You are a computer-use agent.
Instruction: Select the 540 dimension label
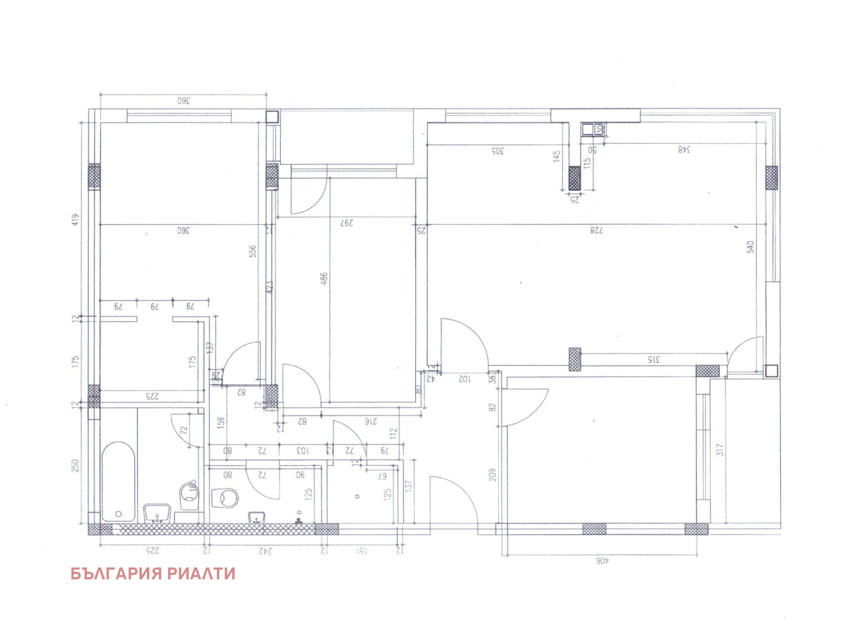click(x=750, y=247)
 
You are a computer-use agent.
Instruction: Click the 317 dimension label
click(x=719, y=450)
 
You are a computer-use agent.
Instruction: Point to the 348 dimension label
click(x=685, y=150)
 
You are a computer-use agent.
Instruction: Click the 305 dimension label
click(x=496, y=151)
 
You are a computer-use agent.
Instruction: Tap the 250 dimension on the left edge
click(x=76, y=465)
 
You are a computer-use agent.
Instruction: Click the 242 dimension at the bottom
click(x=265, y=551)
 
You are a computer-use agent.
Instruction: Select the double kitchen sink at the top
click(x=593, y=129)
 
